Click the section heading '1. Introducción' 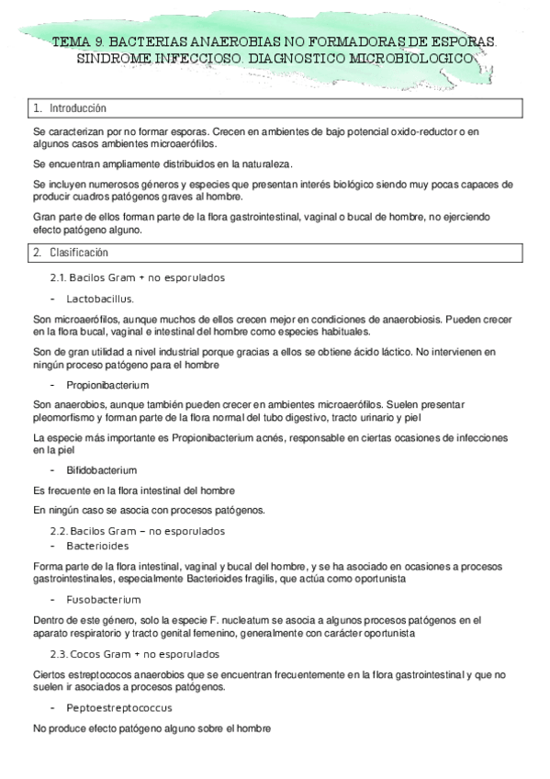click(x=70, y=108)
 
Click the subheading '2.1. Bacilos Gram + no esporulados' click(x=137, y=277)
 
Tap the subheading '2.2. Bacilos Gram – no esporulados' click(x=137, y=531)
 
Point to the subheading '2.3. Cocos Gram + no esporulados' click(x=134, y=654)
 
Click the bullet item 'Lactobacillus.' click(x=100, y=299)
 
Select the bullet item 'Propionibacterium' click(x=107, y=384)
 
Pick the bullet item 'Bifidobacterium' click(x=101, y=469)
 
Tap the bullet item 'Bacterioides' click(x=96, y=545)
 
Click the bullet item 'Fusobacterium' click(x=103, y=600)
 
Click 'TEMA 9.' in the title click(x=79, y=42)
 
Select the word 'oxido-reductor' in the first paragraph click(x=418, y=133)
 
